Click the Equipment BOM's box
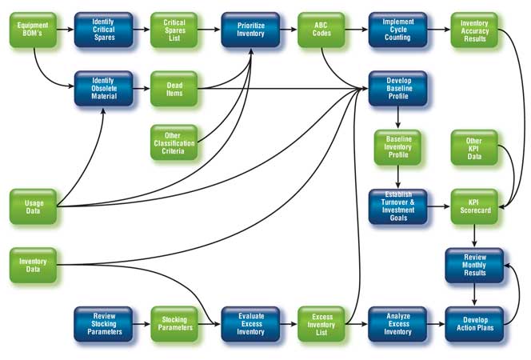coord(34,30)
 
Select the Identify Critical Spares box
coord(104,30)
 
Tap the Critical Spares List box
coord(174,30)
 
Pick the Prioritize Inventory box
coord(250,30)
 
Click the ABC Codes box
coord(321,30)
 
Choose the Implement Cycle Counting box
coord(398,30)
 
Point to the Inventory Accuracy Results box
coord(474,30)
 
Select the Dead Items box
coord(174,89)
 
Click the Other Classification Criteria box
coord(174,142)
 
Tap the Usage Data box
coord(34,206)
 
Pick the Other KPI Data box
coord(474,148)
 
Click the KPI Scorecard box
coord(474,206)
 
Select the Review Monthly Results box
coord(474,266)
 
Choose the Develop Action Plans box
coord(474,324)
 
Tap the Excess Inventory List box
coord(321,324)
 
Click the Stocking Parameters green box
coord(174,324)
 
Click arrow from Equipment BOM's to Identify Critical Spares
coord(66,30)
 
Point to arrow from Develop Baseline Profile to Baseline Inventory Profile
coord(398,118)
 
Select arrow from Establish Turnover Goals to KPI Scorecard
coord(439,206)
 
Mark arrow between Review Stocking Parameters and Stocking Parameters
coord(142,324)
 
